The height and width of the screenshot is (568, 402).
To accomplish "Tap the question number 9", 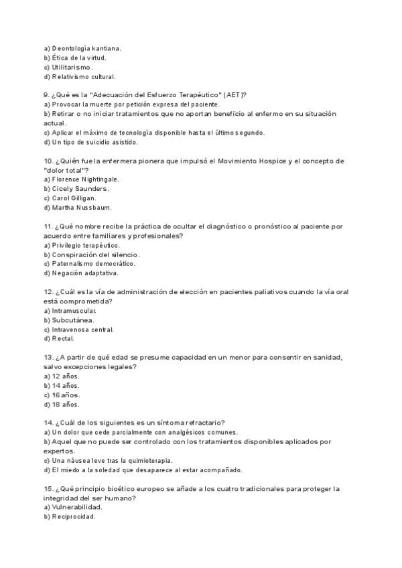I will [47, 95].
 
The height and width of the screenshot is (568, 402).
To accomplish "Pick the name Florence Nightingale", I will [85, 180].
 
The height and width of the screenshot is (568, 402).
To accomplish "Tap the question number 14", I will [48, 422].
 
